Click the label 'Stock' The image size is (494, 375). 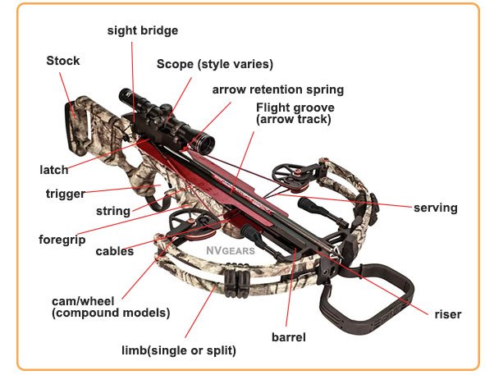click(63, 60)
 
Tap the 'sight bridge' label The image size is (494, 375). click(142, 30)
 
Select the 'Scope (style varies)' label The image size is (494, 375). click(215, 63)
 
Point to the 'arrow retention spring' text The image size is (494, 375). click(278, 89)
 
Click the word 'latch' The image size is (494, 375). click(53, 170)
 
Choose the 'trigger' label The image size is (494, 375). click(66, 194)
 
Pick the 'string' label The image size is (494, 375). click(113, 211)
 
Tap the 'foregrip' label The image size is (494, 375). click(62, 240)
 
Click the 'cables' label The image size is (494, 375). click(114, 251)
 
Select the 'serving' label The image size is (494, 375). click(435, 208)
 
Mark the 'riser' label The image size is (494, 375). click(448, 314)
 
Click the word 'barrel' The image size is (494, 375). click(288, 336)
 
